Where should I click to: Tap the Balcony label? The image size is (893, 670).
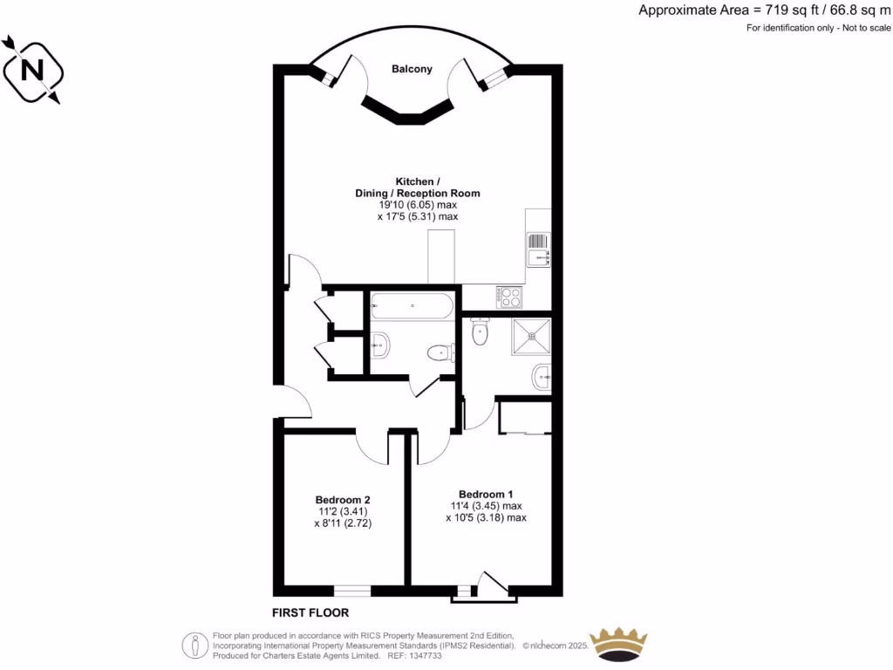coord(412,70)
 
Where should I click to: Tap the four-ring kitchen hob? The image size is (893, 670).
coord(508,297)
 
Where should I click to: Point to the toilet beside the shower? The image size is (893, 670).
coord(479,332)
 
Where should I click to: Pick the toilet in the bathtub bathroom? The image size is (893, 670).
coord(439,353)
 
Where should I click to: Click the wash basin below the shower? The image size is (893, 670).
coord(541,378)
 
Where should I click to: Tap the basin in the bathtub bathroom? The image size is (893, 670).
coord(380,346)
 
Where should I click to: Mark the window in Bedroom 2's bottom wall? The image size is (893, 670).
coord(352,591)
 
